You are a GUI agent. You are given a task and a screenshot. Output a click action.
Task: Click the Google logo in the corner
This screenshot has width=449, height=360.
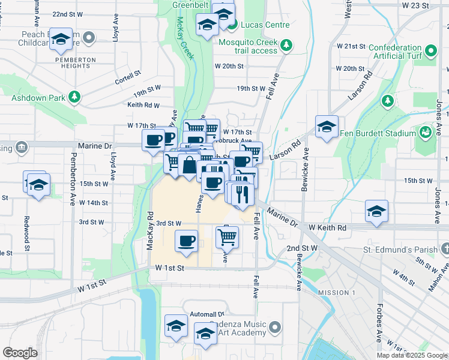tap(20, 353)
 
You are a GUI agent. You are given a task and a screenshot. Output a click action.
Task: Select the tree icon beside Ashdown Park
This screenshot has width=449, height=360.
tap(74, 96)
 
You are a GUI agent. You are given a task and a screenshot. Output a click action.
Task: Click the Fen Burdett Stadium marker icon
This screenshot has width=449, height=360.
tap(426, 133)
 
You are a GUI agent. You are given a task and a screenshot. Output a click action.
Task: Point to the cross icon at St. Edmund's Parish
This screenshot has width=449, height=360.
tap(444, 248)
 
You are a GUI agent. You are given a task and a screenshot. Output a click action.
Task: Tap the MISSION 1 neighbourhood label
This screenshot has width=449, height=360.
tap(337, 293)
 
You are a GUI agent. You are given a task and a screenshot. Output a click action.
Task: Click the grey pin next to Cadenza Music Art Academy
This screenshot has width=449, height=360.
tap(275, 328)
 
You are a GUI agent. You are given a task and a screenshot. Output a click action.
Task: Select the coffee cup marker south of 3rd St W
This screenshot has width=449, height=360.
tap(186, 241)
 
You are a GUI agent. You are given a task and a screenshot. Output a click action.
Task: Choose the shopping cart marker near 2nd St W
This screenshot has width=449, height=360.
tap(227, 236)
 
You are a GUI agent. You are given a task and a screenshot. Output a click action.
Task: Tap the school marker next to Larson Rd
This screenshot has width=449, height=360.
tap(327, 127)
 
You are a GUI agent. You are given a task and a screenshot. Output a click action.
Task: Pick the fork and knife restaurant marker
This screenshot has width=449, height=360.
tap(243, 193)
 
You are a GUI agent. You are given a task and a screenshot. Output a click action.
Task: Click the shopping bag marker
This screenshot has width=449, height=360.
tap(189, 165)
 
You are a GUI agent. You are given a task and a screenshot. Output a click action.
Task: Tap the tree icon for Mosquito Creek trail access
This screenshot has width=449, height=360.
tap(287, 44)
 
